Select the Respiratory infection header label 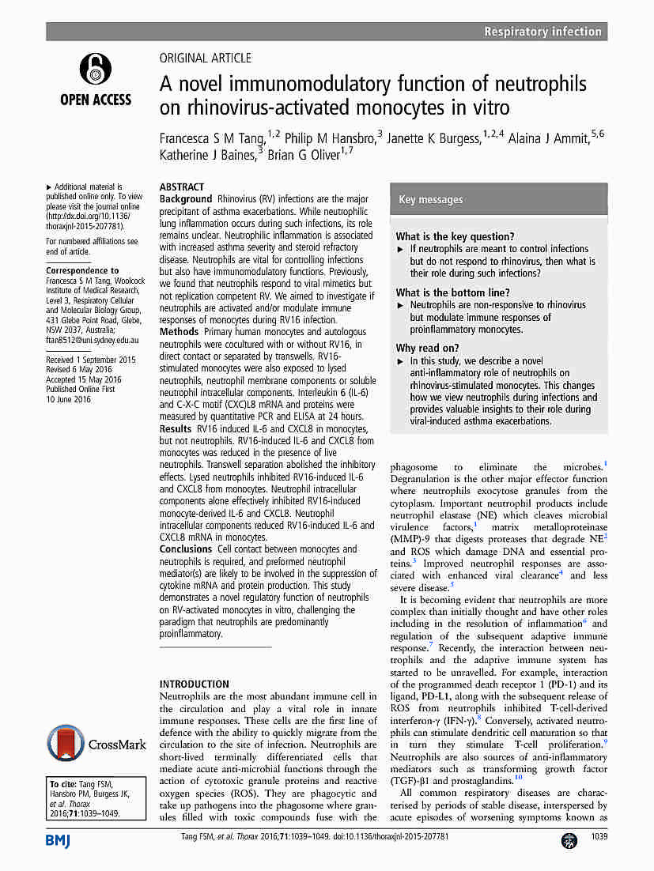543,32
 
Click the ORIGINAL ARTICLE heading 206,58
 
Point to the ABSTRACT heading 182,187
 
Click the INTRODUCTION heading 195,684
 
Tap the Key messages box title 431,200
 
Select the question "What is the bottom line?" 452,292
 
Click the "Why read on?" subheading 428,348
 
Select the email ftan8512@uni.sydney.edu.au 93,340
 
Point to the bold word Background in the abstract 186,198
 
